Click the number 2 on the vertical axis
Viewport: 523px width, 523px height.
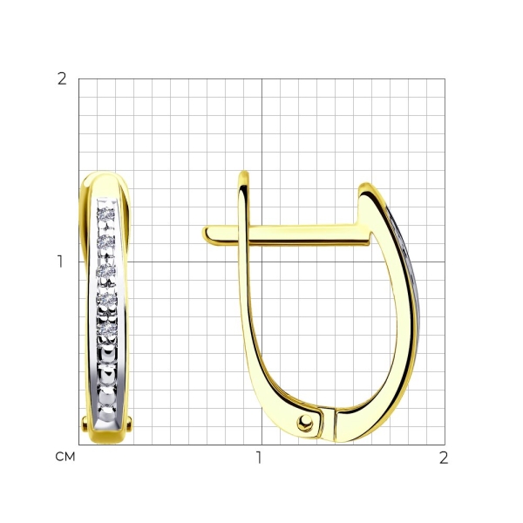coord(62,79)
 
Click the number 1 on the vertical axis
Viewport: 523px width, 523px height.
coord(60,261)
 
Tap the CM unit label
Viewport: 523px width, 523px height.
coord(65,457)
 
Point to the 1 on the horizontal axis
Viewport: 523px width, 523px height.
coord(259,458)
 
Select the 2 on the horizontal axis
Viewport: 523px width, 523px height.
coord(444,458)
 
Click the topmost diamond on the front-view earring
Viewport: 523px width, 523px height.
coord(106,214)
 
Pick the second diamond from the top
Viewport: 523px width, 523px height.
coord(106,241)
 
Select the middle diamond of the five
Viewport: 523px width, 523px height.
coord(106,271)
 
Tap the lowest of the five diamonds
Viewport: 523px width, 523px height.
coord(107,329)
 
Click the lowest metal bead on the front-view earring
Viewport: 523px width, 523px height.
coord(107,412)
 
